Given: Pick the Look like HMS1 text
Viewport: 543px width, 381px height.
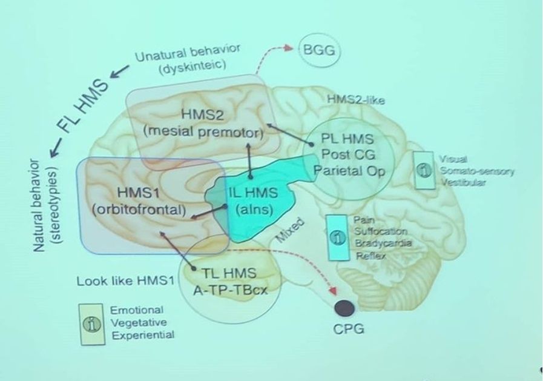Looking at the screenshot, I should tap(125, 282).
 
